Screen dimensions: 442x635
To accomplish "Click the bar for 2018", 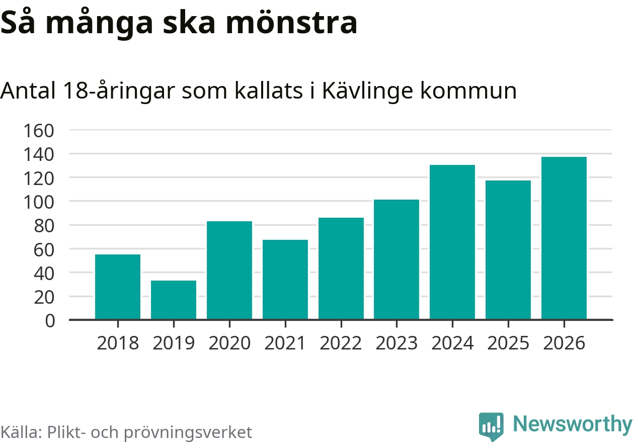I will click(x=118, y=287).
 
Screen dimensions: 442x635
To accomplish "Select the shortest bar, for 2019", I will click(x=174, y=300).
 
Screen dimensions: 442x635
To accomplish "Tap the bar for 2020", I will click(x=229, y=270).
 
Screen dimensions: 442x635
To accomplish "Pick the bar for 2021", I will click(x=285, y=279).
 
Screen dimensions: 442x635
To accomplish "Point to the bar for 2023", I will click(x=396, y=259).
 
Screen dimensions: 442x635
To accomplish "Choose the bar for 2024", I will click(x=452, y=242).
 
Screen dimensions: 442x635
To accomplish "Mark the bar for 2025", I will click(x=508, y=249).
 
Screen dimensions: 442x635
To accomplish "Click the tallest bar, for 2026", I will click(x=564, y=238).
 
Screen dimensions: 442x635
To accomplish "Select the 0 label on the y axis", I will click(x=50, y=321).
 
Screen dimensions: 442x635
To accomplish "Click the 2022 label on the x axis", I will click(x=341, y=343).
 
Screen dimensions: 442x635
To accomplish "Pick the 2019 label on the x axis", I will click(x=174, y=343).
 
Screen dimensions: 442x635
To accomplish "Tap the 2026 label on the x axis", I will click(x=564, y=343).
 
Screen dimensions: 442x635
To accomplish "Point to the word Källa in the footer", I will click(x=20, y=432).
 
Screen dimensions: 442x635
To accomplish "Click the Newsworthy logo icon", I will click(x=491, y=426).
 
